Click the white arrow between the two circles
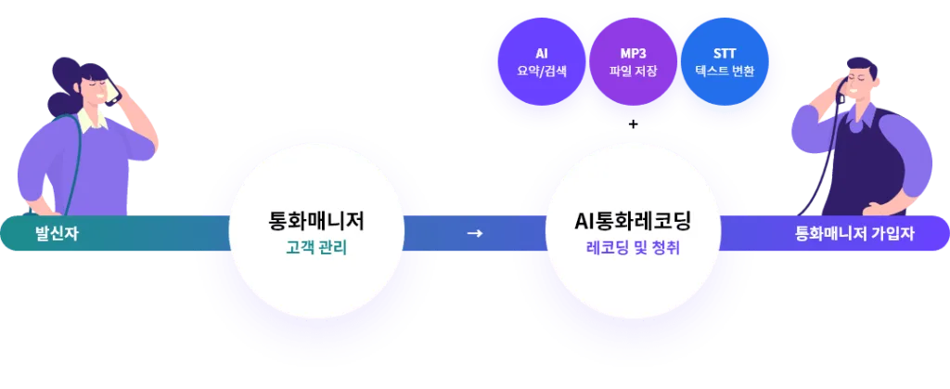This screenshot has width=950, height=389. [474, 233]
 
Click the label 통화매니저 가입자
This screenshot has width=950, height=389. [854, 234]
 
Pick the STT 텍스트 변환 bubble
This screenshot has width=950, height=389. [725, 62]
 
